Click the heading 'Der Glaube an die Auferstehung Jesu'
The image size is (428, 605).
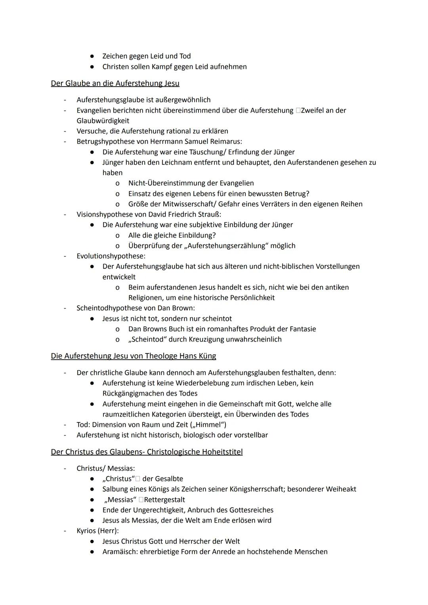pyautogui.click(x=115, y=83)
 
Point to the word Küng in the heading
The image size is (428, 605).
pyautogui.click(x=206, y=356)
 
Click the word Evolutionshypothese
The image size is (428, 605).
pyautogui.click(x=111, y=256)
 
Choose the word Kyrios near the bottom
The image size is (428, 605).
pyautogui.click(x=86, y=530)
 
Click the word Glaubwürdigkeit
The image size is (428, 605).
pyautogui.click(x=103, y=121)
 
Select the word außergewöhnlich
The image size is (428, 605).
pyautogui.click(x=180, y=100)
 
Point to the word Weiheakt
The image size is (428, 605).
pyautogui.click(x=341, y=489)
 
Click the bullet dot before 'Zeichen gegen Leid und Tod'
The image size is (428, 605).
pyautogui.click(x=92, y=56)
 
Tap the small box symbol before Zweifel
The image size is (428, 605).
pyautogui.click(x=298, y=111)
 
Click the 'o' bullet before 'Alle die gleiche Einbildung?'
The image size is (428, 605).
pyautogui.click(x=117, y=235)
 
